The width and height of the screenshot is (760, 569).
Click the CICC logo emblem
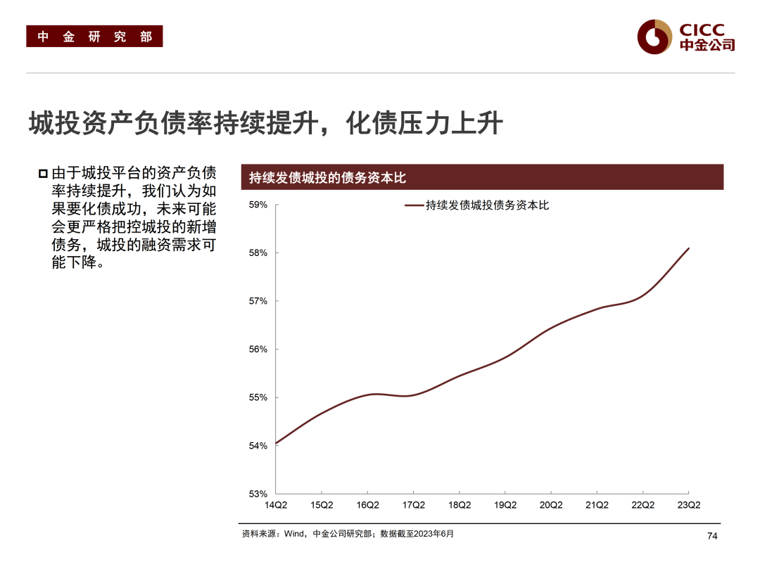pyautogui.click(x=654, y=37)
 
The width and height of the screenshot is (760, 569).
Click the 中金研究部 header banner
pyautogui.click(x=94, y=37)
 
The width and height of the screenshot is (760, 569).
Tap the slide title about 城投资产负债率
pyautogui.click(x=265, y=124)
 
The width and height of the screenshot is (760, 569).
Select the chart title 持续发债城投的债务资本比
pyautogui.click(x=328, y=178)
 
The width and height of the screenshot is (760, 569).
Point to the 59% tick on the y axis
pyautogui.click(x=258, y=205)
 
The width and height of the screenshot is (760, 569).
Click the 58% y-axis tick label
pyautogui.click(x=258, y=253)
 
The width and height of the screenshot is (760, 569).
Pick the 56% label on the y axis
pyautogui.click(x=258, y=350)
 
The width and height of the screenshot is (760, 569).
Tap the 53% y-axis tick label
pyautogui.click(x=258, y=494)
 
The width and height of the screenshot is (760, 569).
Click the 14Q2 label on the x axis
pyautogui.click(x=276, y=505)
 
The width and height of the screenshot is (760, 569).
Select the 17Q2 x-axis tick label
pyautogui.click(x=413, y=505)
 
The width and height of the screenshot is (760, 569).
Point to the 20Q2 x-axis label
pyautogui.click(x=551, y=505)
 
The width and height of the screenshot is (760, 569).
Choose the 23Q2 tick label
pyautogui.click(x=688, y=505)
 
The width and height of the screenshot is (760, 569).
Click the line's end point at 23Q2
pyautogui.click(x=688, y=248)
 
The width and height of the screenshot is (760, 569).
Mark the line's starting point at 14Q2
pyautogui.click(x=276, y=444)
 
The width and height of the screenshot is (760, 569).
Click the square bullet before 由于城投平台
pyautogui.click(x=43, y=173)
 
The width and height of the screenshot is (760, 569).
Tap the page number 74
pyautogui.click(x=711, y=537)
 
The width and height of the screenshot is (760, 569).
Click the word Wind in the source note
pyautogui.click(x=295, y=534)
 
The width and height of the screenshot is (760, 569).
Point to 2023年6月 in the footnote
pyautogui.click(x=434, y=534)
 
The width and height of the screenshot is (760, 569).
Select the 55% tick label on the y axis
pyautogui.click(x=258, y=397)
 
